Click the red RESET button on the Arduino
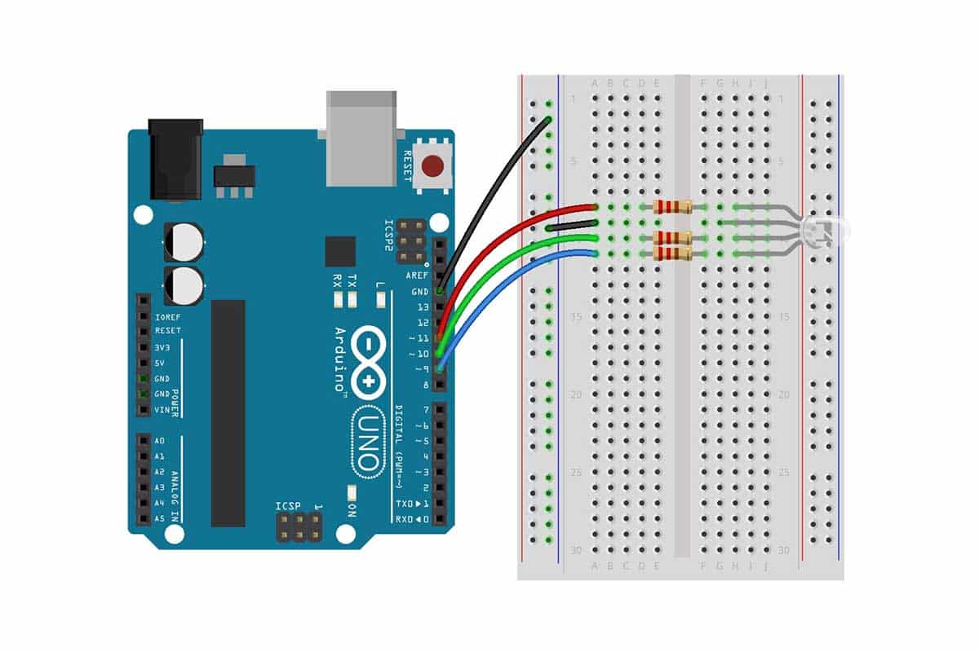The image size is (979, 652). click(432, 167)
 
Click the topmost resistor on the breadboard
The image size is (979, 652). click(672, 207)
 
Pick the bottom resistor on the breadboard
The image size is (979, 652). click(672, 254)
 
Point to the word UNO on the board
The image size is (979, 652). click(368, 444)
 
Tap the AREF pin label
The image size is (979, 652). click(417, 275)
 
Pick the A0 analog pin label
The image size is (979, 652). click(159, 441)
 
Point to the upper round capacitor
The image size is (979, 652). click(184, 241)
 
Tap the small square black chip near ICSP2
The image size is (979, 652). click(340, 252)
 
